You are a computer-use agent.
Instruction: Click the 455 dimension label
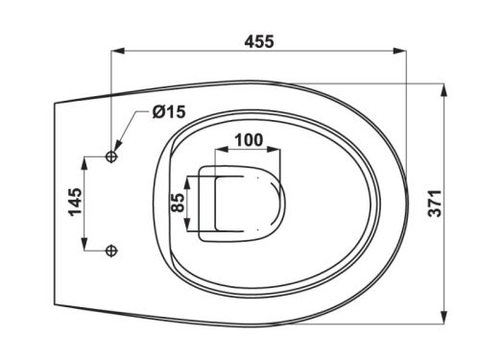(x=259, y=41)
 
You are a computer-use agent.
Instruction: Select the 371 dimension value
(x=435, y=204)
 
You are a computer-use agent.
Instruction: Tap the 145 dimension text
(x=76, y=202)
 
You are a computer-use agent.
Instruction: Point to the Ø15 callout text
(x=169, y=111)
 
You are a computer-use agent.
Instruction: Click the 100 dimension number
(x=249, y=140)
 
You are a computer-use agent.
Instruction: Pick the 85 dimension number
(x=178, y=203)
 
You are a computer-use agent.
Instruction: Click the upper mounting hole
(x=111, y=156)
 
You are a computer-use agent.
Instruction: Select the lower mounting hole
(x=111, y=251)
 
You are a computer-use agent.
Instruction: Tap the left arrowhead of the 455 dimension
(x=117, y=51)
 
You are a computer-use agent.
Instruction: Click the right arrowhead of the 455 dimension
(x=399, y=51)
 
